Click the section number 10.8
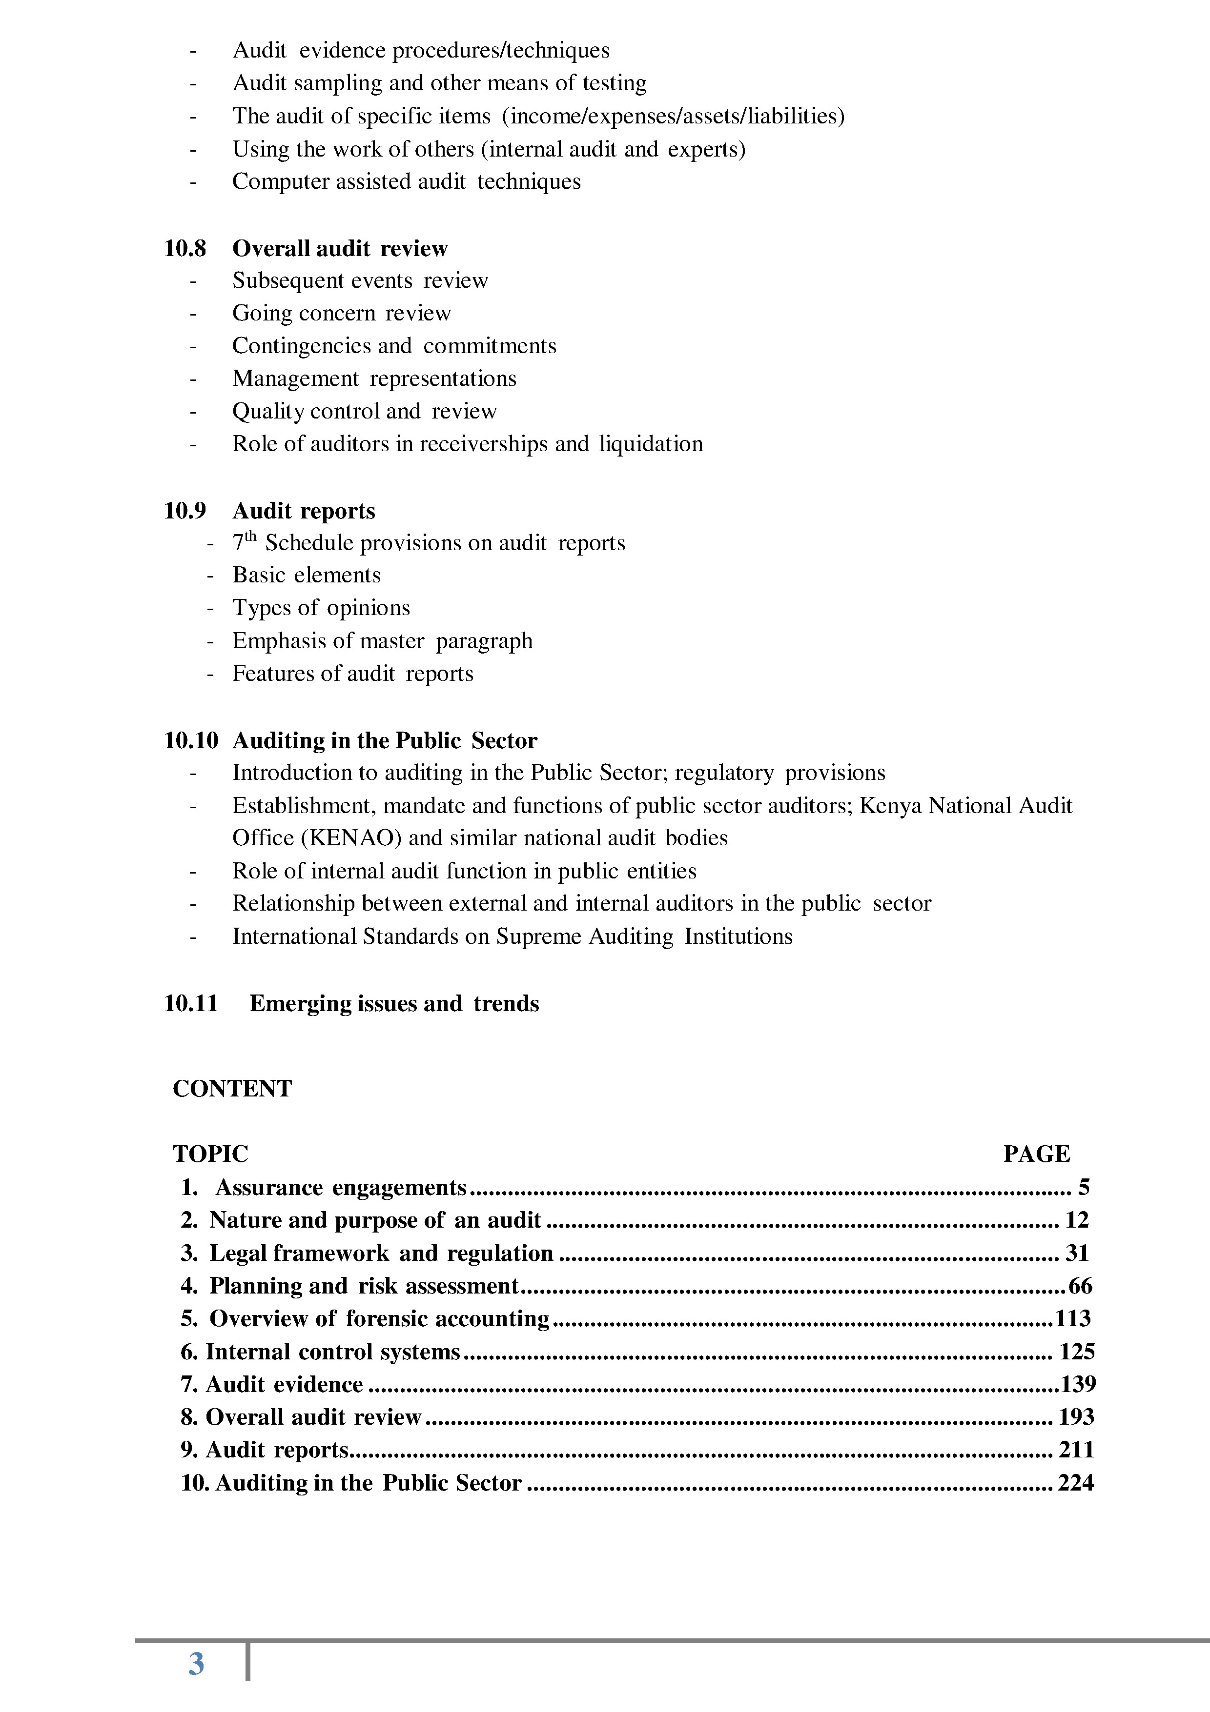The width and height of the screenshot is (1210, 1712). coord(185,248)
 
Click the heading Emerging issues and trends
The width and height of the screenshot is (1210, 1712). coord(394,1004)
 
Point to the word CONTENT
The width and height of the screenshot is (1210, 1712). coord(232,1089)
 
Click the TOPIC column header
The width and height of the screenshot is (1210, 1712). coord(210,1154)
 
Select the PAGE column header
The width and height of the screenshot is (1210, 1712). coord(1036,1154)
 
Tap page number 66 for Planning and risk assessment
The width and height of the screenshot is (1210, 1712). coord(1080,1286)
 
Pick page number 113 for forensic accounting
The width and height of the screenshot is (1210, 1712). coord(1073,1318)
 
